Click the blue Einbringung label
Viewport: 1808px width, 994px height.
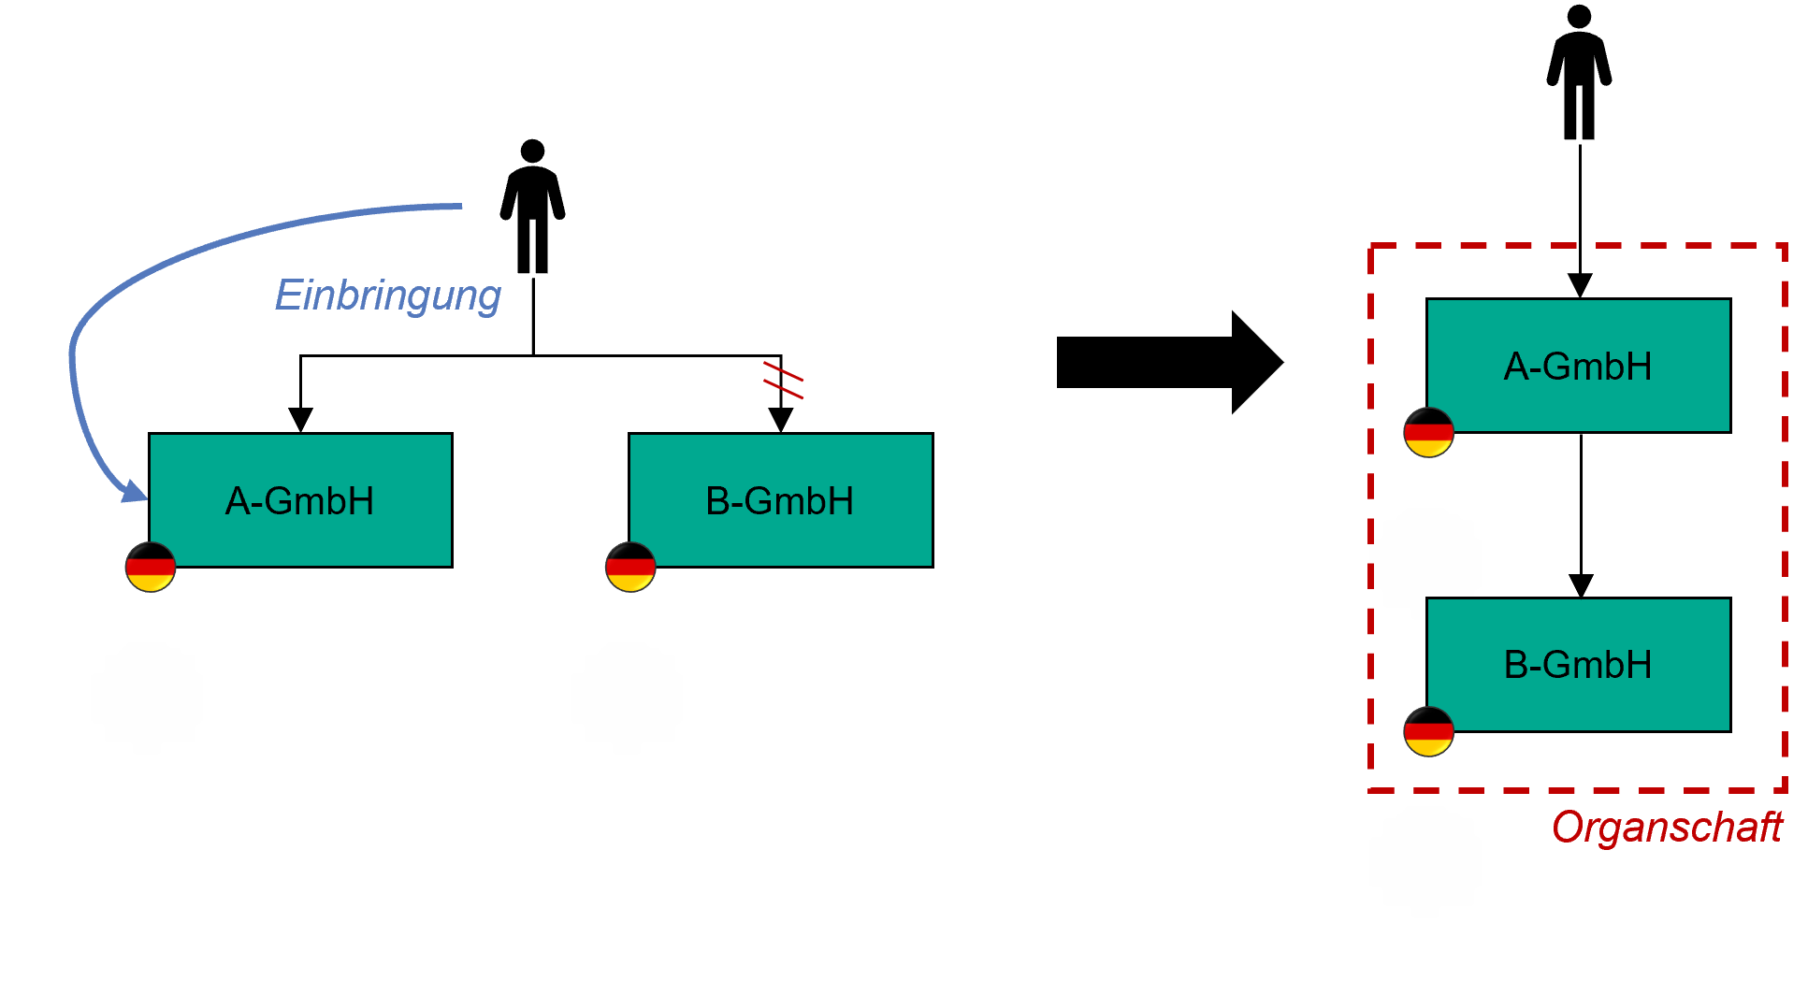[387, 295]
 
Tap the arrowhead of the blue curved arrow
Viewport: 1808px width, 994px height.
[137, 491]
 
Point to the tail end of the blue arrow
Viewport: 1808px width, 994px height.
[460, 206]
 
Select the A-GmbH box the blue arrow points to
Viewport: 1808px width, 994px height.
[300, 499]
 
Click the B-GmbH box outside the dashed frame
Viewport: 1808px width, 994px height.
[780, 499]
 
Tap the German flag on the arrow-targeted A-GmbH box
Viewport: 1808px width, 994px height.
[151, 567]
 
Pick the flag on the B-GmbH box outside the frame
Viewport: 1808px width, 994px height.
[630, 567]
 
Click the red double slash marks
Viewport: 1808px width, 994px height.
[783, 380]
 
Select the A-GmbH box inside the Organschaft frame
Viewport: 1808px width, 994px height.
[1578, 365]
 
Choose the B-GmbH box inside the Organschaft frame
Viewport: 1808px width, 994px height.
[1578, 664]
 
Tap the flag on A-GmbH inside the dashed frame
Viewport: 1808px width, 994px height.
[1428, 432]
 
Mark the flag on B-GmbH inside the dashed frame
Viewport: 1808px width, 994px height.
[1428, 731]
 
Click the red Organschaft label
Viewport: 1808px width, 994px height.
[1667, 828]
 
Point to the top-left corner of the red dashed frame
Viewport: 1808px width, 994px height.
[1371, 247]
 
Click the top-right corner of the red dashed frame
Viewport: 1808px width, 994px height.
[1785, 247]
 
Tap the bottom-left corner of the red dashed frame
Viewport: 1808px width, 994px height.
[1371, 790]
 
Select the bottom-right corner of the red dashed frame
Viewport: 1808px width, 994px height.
[1785, 790]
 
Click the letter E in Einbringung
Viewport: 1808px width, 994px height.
[287, 295]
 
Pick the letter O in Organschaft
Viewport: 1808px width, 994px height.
[1568, 828]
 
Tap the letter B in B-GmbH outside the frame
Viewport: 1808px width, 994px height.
[717, 501]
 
